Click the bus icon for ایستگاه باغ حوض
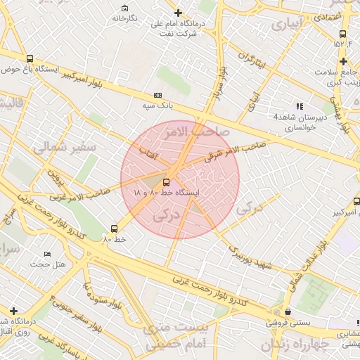pos(30,59)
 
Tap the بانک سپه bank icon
pos(157,95)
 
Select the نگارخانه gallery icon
pos(124,8)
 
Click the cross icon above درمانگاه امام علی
pos(178,13)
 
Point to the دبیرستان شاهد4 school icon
pos(300,106)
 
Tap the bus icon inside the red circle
pos(166,181)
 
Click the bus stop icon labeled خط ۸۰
pos(115,229)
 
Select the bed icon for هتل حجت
pos(47,254)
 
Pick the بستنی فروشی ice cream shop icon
pos(287,312)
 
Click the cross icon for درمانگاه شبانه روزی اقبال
pos(13,311)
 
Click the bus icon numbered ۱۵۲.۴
pos(342,34)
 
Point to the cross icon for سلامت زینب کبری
pos(342,61)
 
